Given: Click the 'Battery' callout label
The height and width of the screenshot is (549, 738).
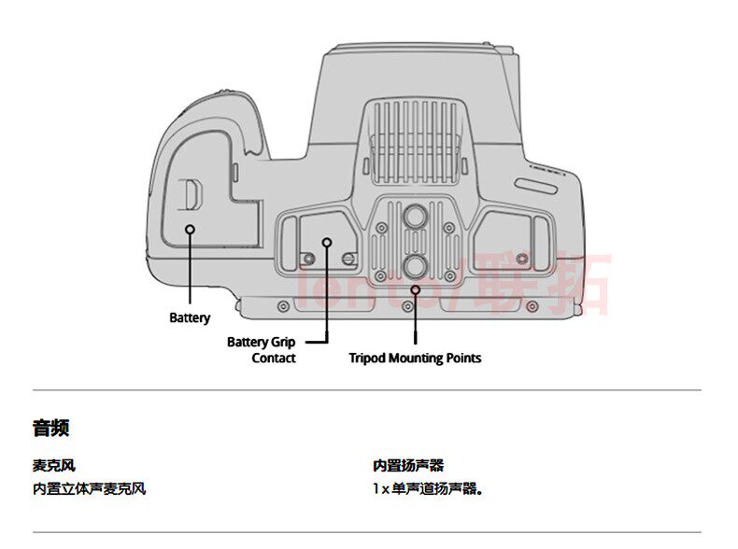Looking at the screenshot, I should point(190,318).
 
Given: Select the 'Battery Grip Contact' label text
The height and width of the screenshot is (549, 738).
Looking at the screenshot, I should point(261,350).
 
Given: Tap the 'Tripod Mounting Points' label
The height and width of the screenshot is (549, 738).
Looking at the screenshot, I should point(415,358).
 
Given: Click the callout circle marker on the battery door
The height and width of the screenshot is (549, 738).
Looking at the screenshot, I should point(190,229).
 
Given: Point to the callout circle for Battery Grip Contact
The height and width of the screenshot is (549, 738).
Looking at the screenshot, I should point(327,242).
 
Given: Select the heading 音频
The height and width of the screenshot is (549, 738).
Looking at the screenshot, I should point(50,429).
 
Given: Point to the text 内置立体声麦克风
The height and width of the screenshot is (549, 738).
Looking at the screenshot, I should point(89,488).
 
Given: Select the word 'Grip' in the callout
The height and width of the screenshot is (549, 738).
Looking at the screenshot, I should point(283,343).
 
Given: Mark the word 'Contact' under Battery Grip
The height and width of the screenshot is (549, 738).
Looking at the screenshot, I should point(274,359).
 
